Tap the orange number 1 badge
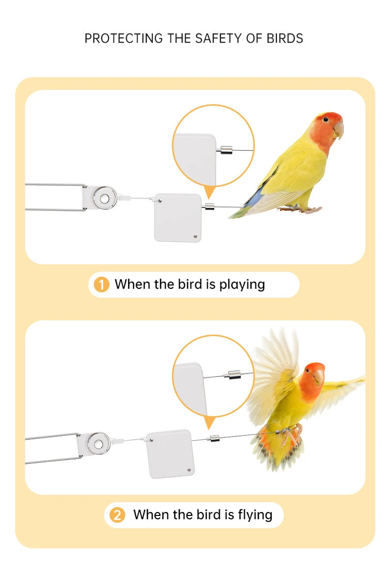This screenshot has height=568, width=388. click(x=101, y=284)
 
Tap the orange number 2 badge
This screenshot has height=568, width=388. click(x=117, y=515)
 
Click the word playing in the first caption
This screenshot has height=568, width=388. click(x=242, y=284)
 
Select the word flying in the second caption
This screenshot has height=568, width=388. click(x=255, y=514)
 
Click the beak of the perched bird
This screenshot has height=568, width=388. click(x=338, y=130)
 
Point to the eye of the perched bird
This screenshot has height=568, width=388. click(x=326, y=119)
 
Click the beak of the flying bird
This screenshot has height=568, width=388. click(x=319, y=376)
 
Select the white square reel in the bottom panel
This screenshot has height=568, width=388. click(x=170, y=454)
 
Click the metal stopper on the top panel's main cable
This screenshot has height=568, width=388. click(x=210, y=207)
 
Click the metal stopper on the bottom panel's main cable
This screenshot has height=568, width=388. click(x=215, y=437)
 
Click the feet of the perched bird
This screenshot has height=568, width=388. click(x=301, y=209)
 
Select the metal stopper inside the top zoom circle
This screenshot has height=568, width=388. click(x=226, y=149)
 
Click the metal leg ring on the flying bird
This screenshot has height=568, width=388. click(x=279, y=431)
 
